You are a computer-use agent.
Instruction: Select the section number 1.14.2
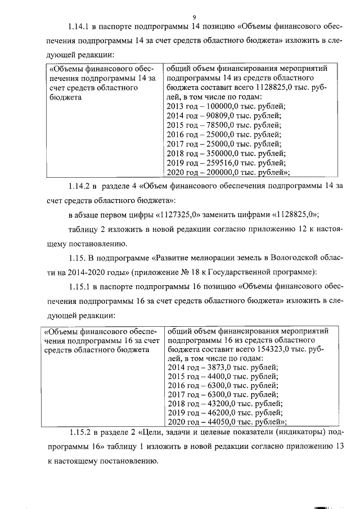pyautogui.click(x=80, y=185)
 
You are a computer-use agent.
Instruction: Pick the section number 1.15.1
pyautogui.click(x=80, y=287)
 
